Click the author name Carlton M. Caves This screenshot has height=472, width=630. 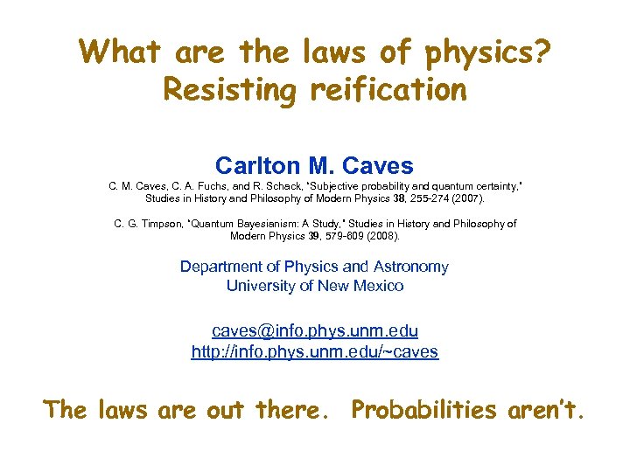tap(314, 164)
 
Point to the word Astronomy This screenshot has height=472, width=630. tap(410, 267)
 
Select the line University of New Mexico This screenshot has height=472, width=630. tap(314, 285)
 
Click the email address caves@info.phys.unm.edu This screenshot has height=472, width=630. tap(314, 331)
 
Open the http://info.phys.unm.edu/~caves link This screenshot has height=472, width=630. tap(314, 352)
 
